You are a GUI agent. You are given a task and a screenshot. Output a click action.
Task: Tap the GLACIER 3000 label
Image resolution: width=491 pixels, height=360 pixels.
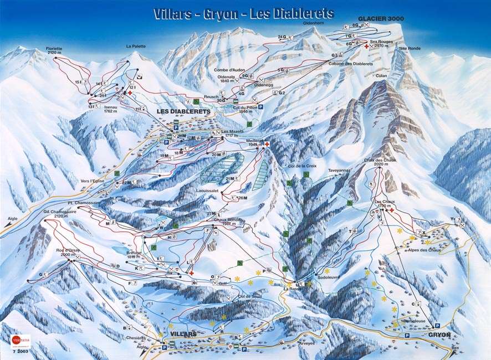point(381,18)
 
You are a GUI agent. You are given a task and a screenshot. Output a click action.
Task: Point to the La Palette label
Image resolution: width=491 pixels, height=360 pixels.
point(135,46)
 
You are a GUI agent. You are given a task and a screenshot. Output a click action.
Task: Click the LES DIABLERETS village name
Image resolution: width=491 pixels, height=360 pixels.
point(183,111)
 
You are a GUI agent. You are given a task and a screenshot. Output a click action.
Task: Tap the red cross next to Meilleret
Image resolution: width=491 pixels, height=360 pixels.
point(267,145)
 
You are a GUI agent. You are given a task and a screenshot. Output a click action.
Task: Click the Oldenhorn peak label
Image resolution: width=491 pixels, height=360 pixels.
point(313,23)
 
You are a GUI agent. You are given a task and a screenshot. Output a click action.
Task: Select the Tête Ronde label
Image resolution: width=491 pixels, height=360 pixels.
point(409,48)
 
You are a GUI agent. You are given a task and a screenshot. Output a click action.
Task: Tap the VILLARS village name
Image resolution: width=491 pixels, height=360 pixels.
point(184,335)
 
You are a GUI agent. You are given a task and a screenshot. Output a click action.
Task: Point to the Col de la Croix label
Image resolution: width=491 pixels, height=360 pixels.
point(301,166)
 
